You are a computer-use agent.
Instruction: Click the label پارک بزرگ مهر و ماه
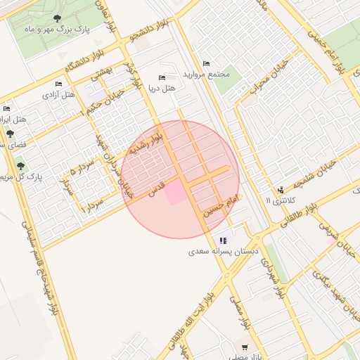pos(56,30)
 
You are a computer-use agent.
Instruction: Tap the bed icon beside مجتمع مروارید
pos(205,63)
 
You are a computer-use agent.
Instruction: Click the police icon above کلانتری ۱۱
pos(281,189)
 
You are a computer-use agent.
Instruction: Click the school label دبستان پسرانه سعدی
pos(223,251)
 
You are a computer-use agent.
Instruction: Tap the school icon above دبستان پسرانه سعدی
pos(223,240)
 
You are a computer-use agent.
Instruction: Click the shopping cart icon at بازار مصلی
pos(244,347)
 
